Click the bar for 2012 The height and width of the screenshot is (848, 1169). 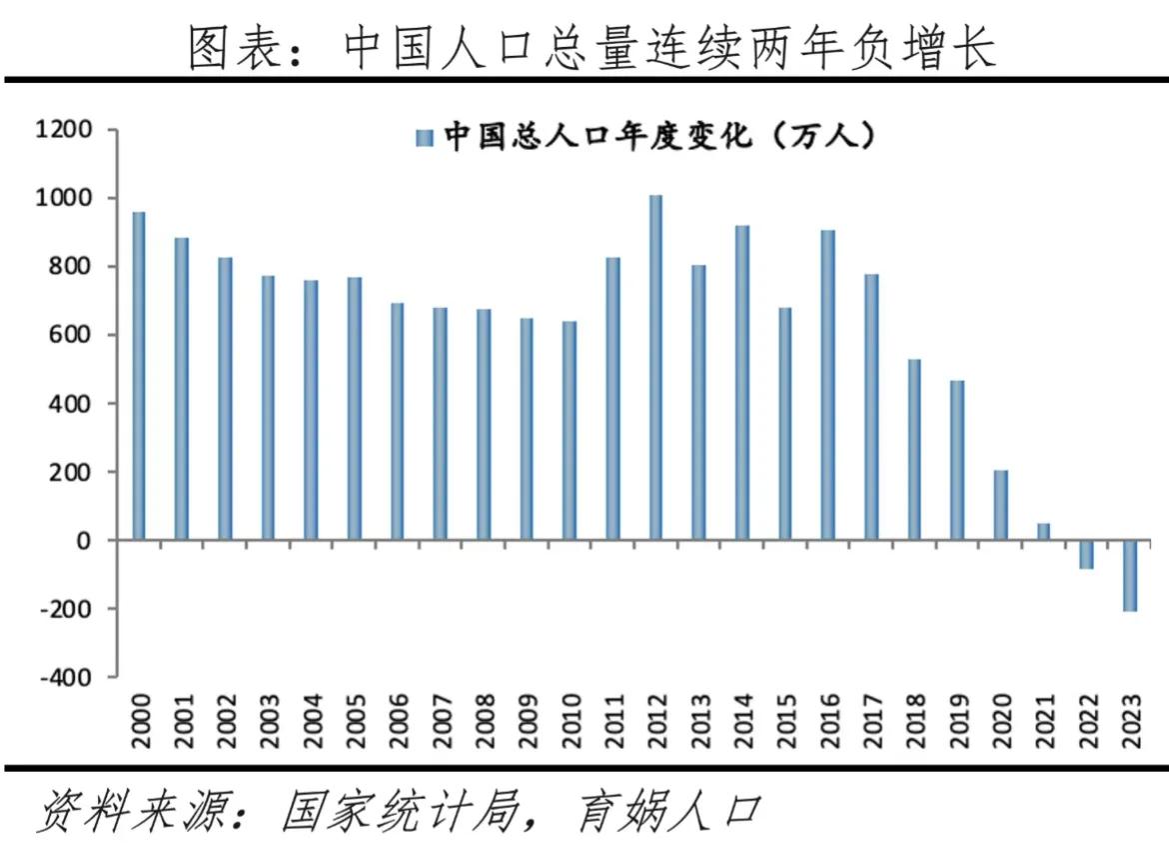[x=655, y=367]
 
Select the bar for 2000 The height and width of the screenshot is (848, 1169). [x=138, y=376]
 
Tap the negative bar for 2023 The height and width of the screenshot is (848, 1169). [x=1129, y=575]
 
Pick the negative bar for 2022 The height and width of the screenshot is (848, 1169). [x=1086, y=554]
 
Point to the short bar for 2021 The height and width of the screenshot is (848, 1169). [x=1043, y=531]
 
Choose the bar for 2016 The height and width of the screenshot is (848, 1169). [x=827, y=385]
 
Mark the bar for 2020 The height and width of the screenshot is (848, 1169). [x=1000, y=505]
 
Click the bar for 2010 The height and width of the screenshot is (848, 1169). [x=570, y=430]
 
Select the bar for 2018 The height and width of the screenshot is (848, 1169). [x=914, y=449]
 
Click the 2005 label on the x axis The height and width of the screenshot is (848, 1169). [x=355, y=716]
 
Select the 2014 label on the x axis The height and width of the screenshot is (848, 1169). [x=741, y=716]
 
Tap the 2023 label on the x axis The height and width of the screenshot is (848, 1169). [x=1129, y=716]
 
